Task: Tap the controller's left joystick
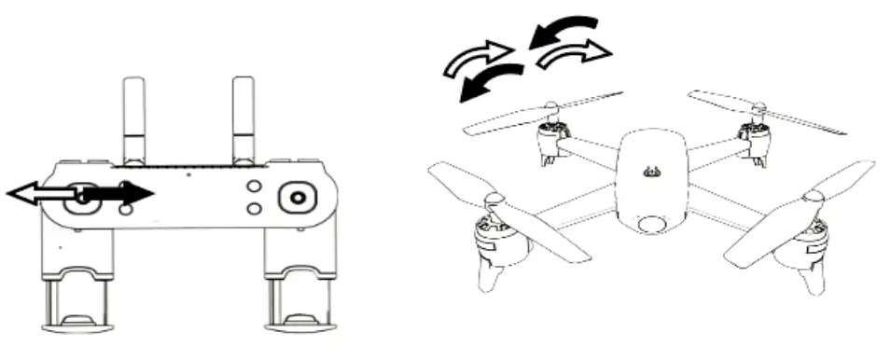click(85, 197)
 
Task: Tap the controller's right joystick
click(298, 198)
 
